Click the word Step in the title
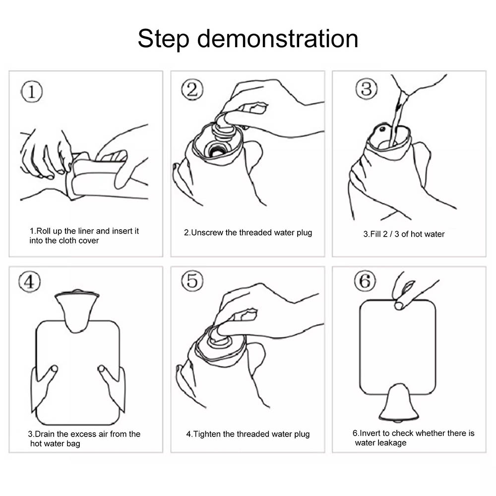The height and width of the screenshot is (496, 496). coord(164,39)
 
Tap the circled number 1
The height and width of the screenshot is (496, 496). coord(32,92)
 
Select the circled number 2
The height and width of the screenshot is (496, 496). coord(192,89)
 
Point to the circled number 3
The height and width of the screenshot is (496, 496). coord(367,89)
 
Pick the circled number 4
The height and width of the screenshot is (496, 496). coord(29,282)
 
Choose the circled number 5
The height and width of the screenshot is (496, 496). coord(192,281)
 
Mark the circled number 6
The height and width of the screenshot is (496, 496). coord(365,281)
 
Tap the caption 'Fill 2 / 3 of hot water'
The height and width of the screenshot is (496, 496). coord(407,234)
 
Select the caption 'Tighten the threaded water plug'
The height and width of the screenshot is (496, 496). coord(251,434)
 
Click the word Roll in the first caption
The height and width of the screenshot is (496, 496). coord(44,231)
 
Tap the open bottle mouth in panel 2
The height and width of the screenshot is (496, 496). coord(216,150)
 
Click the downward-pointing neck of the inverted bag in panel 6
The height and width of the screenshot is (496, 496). coord(399,403)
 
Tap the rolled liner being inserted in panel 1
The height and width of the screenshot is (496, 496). coord(95,178)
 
